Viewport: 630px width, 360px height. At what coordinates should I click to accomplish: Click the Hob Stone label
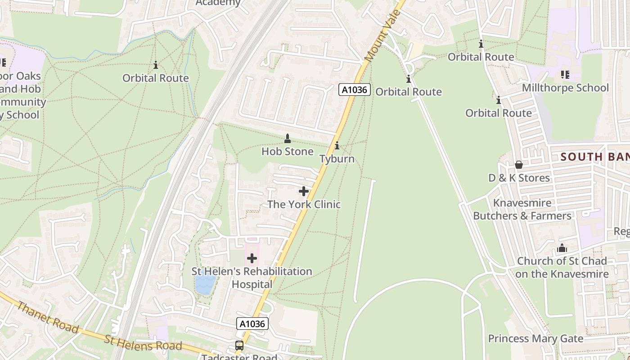tap(288, 152)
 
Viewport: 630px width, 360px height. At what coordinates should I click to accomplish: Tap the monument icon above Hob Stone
tap(288, 138)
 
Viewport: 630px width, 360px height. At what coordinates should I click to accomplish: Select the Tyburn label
tap(337, 159)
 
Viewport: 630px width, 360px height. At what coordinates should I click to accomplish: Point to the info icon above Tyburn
tap(337, 146)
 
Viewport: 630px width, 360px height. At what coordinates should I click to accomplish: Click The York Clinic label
tap(304, 204)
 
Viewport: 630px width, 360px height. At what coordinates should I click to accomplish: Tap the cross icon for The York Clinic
tap(304, 191)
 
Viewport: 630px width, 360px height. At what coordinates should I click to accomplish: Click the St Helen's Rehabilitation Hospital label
tap(252, 278)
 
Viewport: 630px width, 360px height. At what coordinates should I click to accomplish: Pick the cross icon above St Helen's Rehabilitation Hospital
tap(252, 258)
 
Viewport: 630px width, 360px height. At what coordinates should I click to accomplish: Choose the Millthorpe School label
tap(565, 88)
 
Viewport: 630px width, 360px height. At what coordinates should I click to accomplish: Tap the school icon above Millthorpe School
tap(565, 74)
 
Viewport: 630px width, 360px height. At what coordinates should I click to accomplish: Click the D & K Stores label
tap(519, 178)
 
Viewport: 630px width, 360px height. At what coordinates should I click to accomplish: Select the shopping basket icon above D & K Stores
tap(519, 165)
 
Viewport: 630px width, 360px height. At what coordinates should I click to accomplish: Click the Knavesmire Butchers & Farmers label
tap(522, 210)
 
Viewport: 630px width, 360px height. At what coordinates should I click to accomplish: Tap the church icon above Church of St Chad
tap(562, 248)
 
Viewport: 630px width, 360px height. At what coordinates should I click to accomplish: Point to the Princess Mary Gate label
tap(535, 338)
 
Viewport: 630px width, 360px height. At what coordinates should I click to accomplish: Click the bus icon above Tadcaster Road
tap(239, 346)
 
